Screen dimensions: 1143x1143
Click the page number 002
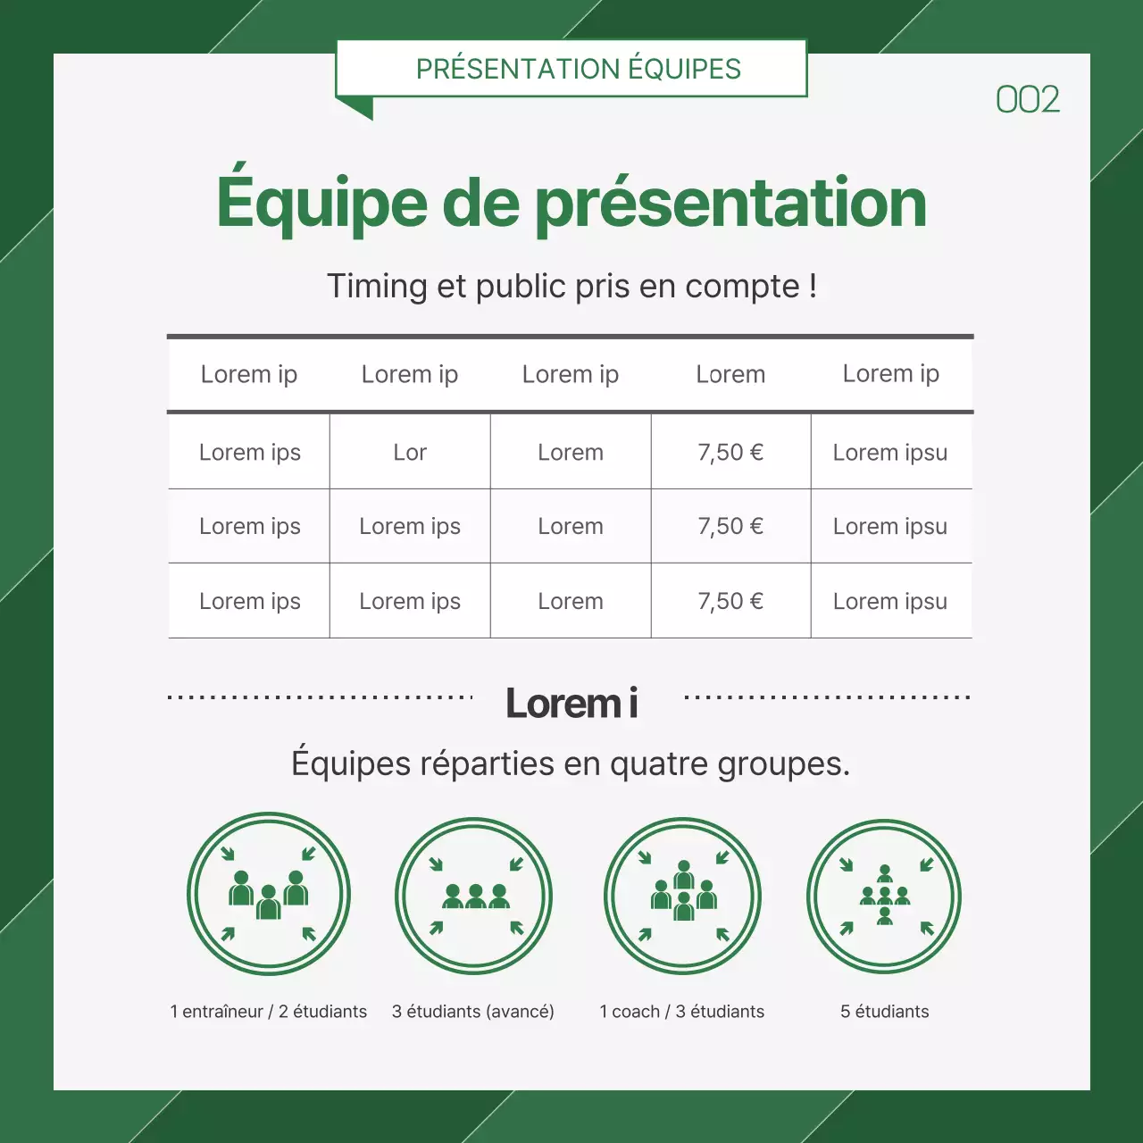click(x=1027, y=99)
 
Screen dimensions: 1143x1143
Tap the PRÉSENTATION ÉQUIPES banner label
click(x=578, y=69)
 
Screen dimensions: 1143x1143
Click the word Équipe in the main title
click(x=321, y=203)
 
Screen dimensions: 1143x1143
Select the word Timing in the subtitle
click(x=377, y=287)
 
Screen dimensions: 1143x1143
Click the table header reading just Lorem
click(x=730, y=374)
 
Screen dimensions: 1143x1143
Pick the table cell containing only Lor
click(x=410, y=452)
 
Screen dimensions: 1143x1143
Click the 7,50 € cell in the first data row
click(x=730, y=452)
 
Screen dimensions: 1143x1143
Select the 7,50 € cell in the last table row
click(x=730, y=601)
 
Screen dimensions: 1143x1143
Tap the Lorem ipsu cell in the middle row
click(x=889, y=526)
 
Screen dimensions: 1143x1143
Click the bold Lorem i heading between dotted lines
click(x=571, y=703)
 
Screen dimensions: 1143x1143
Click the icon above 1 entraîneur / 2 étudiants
click(x=269, y=894)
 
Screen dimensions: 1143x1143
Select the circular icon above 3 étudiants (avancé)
click(x=474, y=896)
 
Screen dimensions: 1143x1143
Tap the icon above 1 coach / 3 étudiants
click(x=683, y=896)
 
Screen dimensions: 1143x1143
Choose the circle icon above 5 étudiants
click(x=884, y=896)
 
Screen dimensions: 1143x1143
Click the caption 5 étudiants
click(x=884, y=1012)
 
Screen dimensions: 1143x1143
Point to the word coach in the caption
click(x=636, y=1012)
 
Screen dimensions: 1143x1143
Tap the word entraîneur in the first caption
click(x=222, y=1012)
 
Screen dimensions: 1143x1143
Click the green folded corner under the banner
click(x=358, y=108)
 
